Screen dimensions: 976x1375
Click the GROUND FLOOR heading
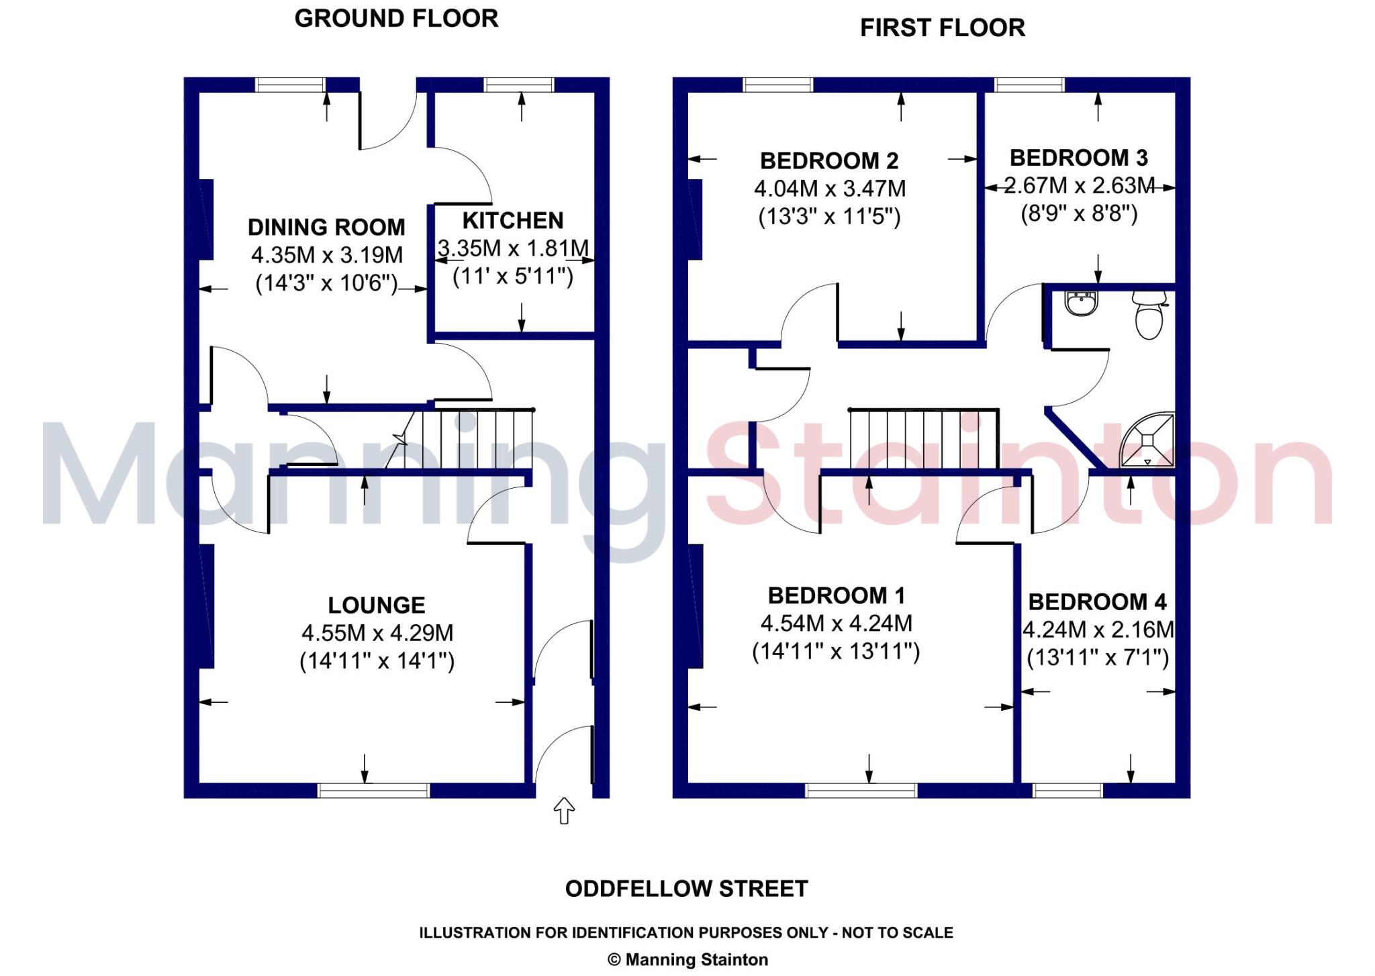click(x=396, y=19)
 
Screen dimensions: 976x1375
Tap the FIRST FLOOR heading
click(x=942, y=28)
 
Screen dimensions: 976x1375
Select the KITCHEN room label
click(x=513, y=221)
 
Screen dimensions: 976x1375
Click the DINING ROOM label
click(x=326, y=228)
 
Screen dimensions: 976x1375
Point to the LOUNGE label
click(x=376, y=605)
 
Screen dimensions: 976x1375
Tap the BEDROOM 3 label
click(x=1078, y=158)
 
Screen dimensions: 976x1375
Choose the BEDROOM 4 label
click(x=1097, y=602)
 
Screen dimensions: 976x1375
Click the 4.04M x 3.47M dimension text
click(x=830, y=189)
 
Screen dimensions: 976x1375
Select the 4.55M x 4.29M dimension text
click(x=377, y=633)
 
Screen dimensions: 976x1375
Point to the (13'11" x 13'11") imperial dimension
click(x=836, y=652)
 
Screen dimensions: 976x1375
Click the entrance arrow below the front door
click(x=564, y=811)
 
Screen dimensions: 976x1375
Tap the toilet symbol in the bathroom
click(x=1149, y=315)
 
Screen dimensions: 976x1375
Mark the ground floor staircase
click(x=470, y=439)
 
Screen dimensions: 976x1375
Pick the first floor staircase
click(x=923, y=439)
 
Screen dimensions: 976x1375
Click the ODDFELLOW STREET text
click(x=686, y=889)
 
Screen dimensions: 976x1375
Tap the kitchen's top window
click(x=519, y=85)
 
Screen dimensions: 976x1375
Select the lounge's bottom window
click(x=373, y=791)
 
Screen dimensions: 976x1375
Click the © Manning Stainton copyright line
click(x=687, y=960)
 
